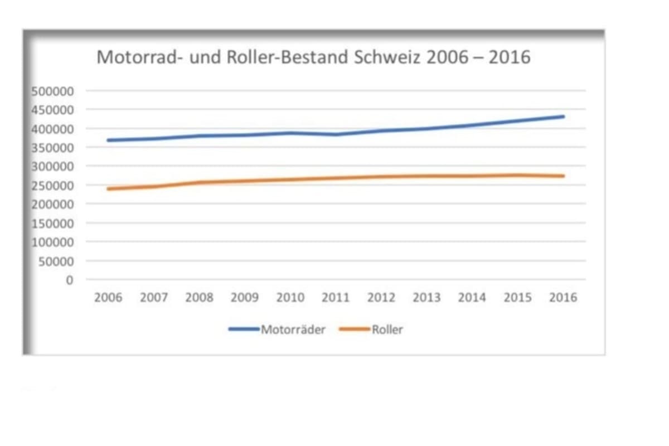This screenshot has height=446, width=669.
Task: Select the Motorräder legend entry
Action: coord(293,329)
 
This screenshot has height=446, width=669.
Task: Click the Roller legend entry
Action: coord(387,329)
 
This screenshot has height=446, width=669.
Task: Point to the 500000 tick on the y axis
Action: coord(55,91)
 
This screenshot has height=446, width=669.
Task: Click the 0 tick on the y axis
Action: coord(69,280)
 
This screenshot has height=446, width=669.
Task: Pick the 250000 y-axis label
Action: coord(55,186)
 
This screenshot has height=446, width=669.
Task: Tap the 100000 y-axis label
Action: coord(55,243)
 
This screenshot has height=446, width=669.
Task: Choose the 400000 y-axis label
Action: coord(55,129)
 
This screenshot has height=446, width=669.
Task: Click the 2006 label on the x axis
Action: coord(108,298)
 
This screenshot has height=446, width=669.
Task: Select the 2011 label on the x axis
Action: coord(336,298)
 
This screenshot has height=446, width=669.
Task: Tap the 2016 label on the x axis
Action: coord(563,298)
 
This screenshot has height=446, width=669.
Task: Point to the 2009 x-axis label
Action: coord(245,298)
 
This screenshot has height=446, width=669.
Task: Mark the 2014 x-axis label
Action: coord(472,298)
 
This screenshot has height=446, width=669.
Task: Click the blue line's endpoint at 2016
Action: coord(563,117)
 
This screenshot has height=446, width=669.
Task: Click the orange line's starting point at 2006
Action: coord(108,189)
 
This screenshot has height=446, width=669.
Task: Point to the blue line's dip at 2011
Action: coord(336,134)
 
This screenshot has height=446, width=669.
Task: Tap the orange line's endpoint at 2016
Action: coord(563,176)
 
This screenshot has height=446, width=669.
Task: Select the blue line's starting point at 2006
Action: coord(108,140)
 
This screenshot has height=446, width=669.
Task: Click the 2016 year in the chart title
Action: coord(510,57)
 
